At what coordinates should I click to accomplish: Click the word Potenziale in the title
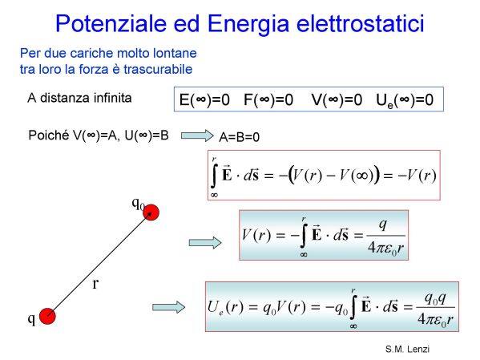111,23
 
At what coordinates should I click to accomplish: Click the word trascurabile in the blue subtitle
158,69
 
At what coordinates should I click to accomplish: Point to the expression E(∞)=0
204,99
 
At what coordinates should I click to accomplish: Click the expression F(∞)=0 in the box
268,99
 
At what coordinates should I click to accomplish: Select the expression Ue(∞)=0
405,100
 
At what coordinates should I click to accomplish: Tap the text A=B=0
240,137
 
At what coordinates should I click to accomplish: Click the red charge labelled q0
151,212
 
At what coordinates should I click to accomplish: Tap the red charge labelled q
47,316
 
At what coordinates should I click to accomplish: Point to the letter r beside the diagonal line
95,284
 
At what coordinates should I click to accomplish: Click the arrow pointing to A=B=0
197,136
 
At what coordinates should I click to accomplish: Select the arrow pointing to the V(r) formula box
205,243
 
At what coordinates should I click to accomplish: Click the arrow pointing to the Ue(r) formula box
168,307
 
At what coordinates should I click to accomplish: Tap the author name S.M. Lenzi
407,349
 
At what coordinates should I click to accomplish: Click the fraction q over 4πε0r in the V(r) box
385,237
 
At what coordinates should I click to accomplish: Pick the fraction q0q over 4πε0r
435,308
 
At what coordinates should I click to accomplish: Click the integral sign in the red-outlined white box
214,176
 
